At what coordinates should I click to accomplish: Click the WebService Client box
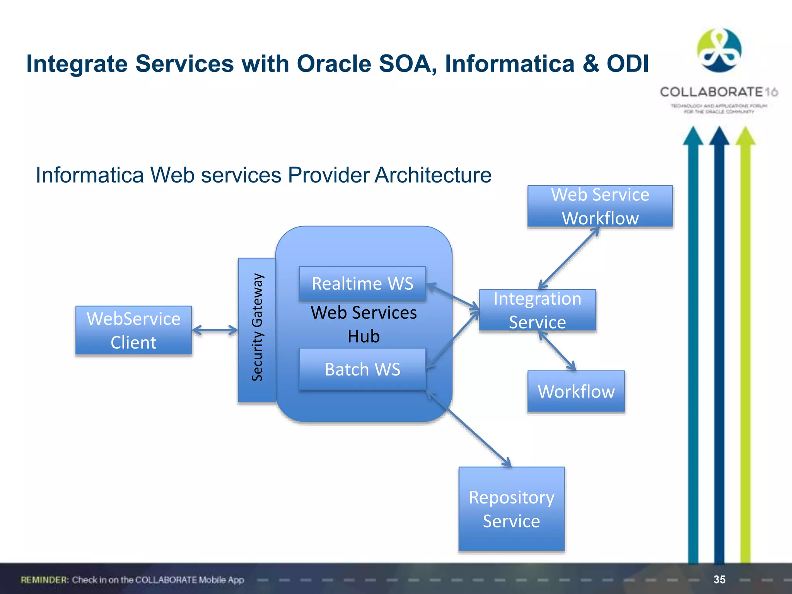133,330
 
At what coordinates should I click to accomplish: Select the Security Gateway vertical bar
257,330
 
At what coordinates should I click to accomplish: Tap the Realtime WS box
362,283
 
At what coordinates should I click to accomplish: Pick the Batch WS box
362,369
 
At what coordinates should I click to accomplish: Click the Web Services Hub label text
364,324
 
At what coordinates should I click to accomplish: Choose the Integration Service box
537,310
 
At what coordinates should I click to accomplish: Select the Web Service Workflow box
600,206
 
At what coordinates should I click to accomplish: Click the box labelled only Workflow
576,391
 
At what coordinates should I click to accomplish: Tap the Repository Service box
511,509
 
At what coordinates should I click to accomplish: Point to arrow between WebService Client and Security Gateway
215,330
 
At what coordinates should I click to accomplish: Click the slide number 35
719,579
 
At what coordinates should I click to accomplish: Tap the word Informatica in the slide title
509,64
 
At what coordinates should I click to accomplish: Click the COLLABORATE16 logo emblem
719,50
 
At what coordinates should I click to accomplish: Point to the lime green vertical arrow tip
745,135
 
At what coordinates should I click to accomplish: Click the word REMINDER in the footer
44,580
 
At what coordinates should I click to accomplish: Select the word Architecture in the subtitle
433,175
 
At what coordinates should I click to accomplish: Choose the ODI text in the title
627,64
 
